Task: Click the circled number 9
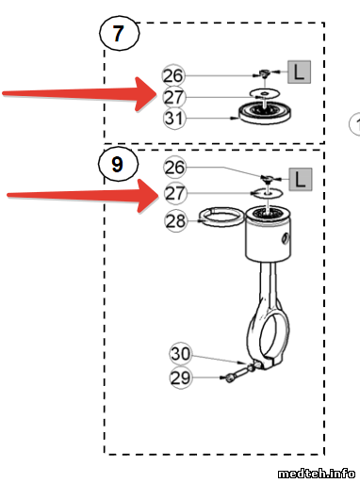pos(118,164)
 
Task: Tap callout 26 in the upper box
pos(173,75)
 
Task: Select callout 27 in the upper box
pos(174,97)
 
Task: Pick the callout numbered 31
pos(174,119)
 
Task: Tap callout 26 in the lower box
pos(175,167)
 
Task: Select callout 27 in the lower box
pos(175,193)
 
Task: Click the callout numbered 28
pos(176,221)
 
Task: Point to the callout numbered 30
pos(181,354)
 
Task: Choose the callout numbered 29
pos(181,378)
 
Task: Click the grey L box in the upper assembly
pos(299,72)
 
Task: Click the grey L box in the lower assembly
pos(301,179)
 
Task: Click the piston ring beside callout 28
pos(221,217)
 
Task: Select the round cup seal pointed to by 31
pos(264,113)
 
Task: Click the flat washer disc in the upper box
pos(265,93)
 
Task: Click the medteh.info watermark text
pos(316,473)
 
